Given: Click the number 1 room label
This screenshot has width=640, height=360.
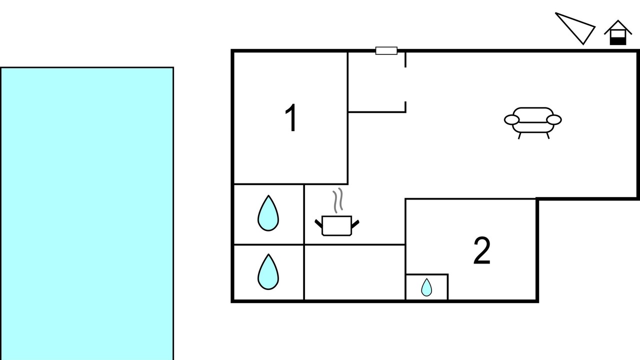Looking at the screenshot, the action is pyautogui.click(x=291, y=117).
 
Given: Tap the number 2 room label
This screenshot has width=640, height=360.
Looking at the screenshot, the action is pyautogui.click(x=482, y=250).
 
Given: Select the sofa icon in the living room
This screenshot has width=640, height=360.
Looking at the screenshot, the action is pyautogui.click(x=533, y=123).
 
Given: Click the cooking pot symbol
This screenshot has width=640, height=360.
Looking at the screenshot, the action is pyautogui.click(x=337, y=225).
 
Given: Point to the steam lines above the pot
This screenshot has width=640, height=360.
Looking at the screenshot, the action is pyautogui.click(x=337, y=200).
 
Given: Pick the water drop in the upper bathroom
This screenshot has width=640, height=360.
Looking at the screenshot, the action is pyautogui.click(x=268, y=213).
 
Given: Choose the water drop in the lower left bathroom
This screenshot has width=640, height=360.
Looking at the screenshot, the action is pyautogui.click(x=268, y=271).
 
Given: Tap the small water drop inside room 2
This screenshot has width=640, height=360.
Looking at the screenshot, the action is pyautogui.click(x=426, y=287).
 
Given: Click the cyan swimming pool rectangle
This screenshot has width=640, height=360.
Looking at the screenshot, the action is pyautogui.click(x=87, y=213).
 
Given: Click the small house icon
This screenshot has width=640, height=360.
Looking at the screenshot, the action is pyautogui.click(x=618, y=32).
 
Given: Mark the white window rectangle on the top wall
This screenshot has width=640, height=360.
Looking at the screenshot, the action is pyautogui.click(x=386, y=50).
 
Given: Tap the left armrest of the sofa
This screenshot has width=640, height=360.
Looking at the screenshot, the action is pyautogui.click(x=511, y=119).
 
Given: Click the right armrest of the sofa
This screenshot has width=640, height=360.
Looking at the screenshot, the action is pyautogui.click(x=554, y=119).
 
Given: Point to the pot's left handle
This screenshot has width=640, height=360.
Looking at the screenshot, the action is pyautogui.click(x=318, y=223).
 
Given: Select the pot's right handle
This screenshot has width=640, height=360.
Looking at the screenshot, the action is pyautogui.click(x=355, y=223).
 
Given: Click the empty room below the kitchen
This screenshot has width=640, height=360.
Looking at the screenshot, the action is pyautogui.click(x=354, y=272).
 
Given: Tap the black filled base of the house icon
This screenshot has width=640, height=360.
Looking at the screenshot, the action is pyautogui.click(x=618, y=41).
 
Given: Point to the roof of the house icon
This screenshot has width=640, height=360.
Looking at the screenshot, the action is pyautogui.click(x=618, y=24).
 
